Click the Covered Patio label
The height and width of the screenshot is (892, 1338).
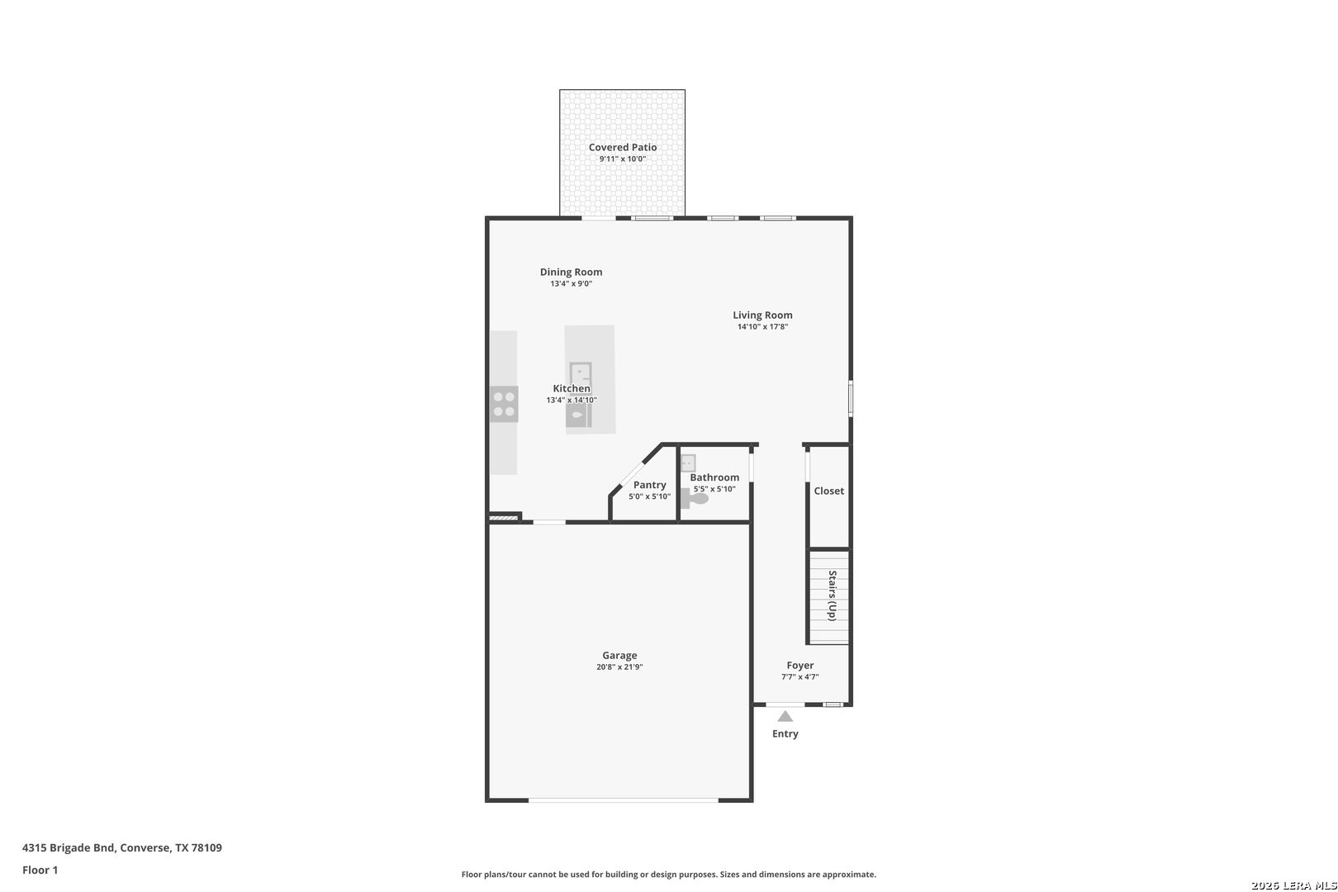point(623,147)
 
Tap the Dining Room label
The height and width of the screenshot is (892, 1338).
point(571,273)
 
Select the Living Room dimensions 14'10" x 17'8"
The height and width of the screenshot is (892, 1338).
point(763,327)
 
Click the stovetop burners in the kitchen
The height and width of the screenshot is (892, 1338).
point(504,404)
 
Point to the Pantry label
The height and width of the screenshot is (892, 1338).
point(650,485)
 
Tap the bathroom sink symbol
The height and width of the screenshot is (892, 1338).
point(688,463)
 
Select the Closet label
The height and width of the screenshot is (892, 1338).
point(829,491)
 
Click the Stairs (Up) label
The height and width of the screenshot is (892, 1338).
point(832,595)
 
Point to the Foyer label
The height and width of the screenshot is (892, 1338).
point(800,665)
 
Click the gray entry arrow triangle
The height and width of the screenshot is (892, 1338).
point(785,716)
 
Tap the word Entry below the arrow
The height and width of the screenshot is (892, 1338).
point(785,733)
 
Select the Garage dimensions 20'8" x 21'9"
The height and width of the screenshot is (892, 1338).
point(619,667)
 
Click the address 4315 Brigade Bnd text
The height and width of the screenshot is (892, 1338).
point(68,847)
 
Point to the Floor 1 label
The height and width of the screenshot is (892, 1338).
point(40,870)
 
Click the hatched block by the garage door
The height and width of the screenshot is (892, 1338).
point(504,517)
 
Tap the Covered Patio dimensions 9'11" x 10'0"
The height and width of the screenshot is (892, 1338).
point(623,159)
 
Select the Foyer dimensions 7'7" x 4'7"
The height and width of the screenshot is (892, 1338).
point(800,677)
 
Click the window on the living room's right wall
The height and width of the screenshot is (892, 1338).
point(851,398)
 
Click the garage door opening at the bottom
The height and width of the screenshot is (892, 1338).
point(623,800)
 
